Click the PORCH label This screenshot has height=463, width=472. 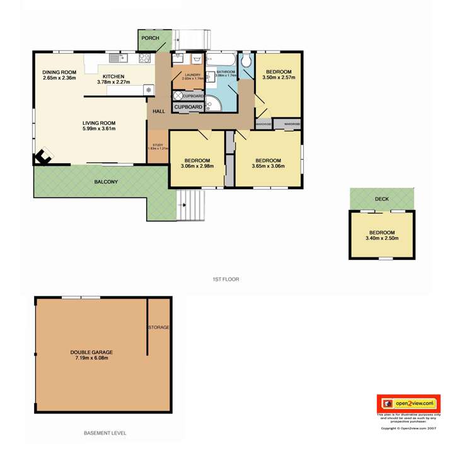coord(149,38)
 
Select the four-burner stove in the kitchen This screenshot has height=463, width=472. coord(144,58)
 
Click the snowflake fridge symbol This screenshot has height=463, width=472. coord(149,90)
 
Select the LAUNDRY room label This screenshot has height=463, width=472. coord(192,75)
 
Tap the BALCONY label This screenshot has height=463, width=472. coord(106,182)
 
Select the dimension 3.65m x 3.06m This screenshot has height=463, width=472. coord(268,167)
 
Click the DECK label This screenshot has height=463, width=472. coord(382,199)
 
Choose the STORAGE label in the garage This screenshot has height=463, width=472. coord(159,327)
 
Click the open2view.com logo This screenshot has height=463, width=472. coord(408,402)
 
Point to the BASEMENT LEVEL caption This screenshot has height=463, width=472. coord(105,433)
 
